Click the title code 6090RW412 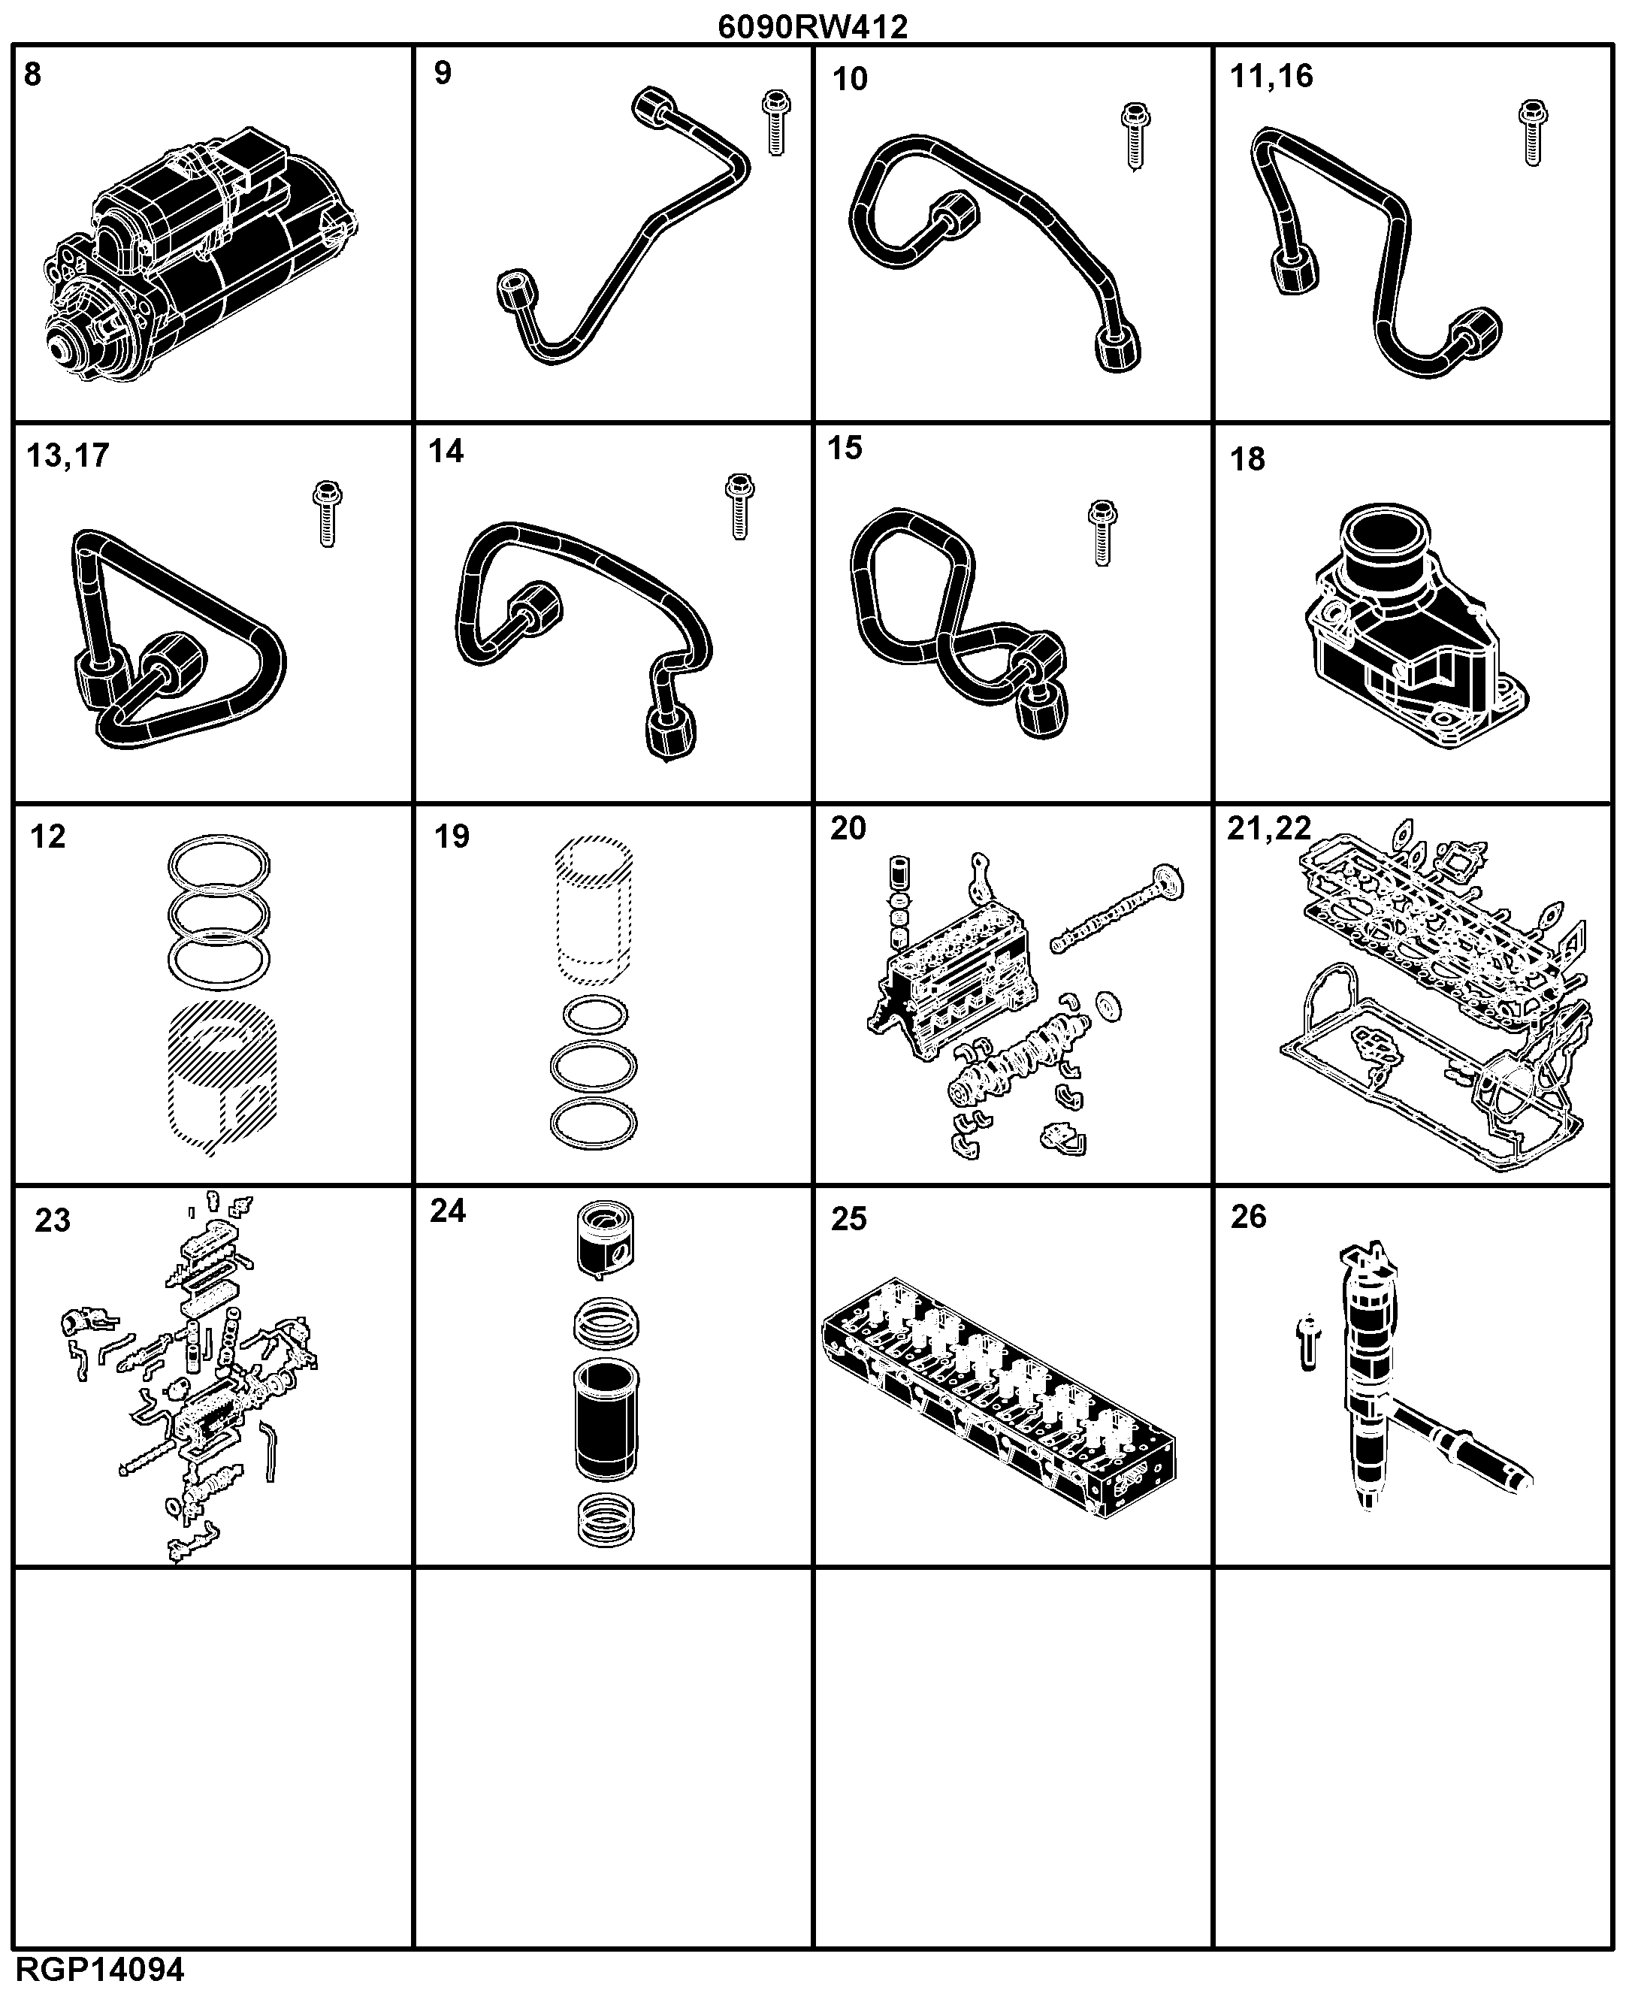[813, 26]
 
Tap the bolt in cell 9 [776, 123]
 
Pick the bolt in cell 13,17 [327, 514]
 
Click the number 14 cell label [446, 451]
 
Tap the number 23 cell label [53, 1220]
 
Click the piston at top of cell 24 [605, 1241]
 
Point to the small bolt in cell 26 [1308, 1342]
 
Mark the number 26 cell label [1249, 1216]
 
